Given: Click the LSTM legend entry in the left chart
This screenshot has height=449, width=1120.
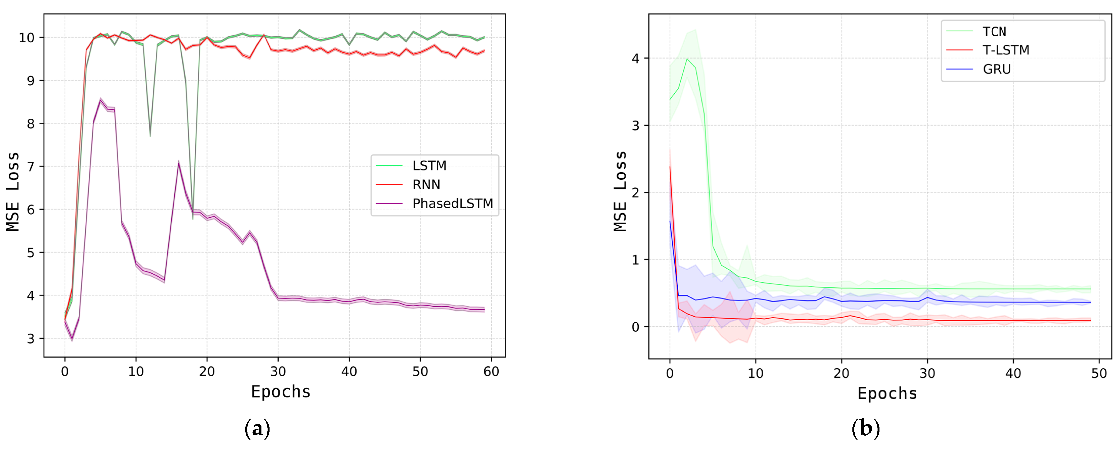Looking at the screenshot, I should click(429, 166).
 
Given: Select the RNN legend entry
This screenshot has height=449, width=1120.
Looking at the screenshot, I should click(426, 185).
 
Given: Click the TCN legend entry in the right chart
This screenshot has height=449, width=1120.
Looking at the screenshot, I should click(994, 32).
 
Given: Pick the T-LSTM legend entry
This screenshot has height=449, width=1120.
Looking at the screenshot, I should click(1006, 50).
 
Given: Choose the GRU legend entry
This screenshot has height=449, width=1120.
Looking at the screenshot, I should click(996, 69).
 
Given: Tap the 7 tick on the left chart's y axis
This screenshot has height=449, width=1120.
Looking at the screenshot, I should click(30, 166).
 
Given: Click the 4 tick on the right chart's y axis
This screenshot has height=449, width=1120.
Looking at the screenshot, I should click(636, 58).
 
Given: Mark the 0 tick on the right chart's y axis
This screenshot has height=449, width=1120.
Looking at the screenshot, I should click(636, 327).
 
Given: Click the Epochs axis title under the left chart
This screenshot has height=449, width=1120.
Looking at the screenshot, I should click(280, 392).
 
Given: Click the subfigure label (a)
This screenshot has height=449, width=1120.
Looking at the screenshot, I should click(257, 429).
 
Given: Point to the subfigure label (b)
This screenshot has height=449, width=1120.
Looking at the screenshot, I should click(865, 429).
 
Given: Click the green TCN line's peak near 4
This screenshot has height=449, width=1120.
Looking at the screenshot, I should click(687, 59).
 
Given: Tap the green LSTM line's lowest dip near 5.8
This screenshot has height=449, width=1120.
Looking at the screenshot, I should click(193, 219).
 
